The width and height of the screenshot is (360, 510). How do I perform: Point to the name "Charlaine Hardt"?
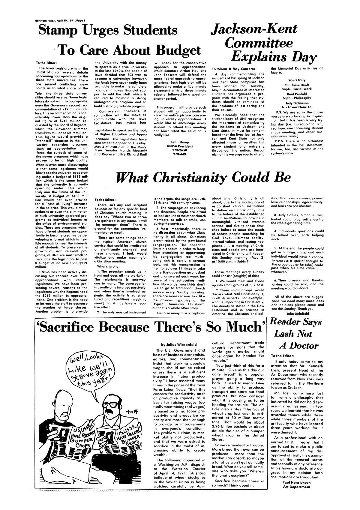297,85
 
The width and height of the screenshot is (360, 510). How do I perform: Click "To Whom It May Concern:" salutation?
233,69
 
